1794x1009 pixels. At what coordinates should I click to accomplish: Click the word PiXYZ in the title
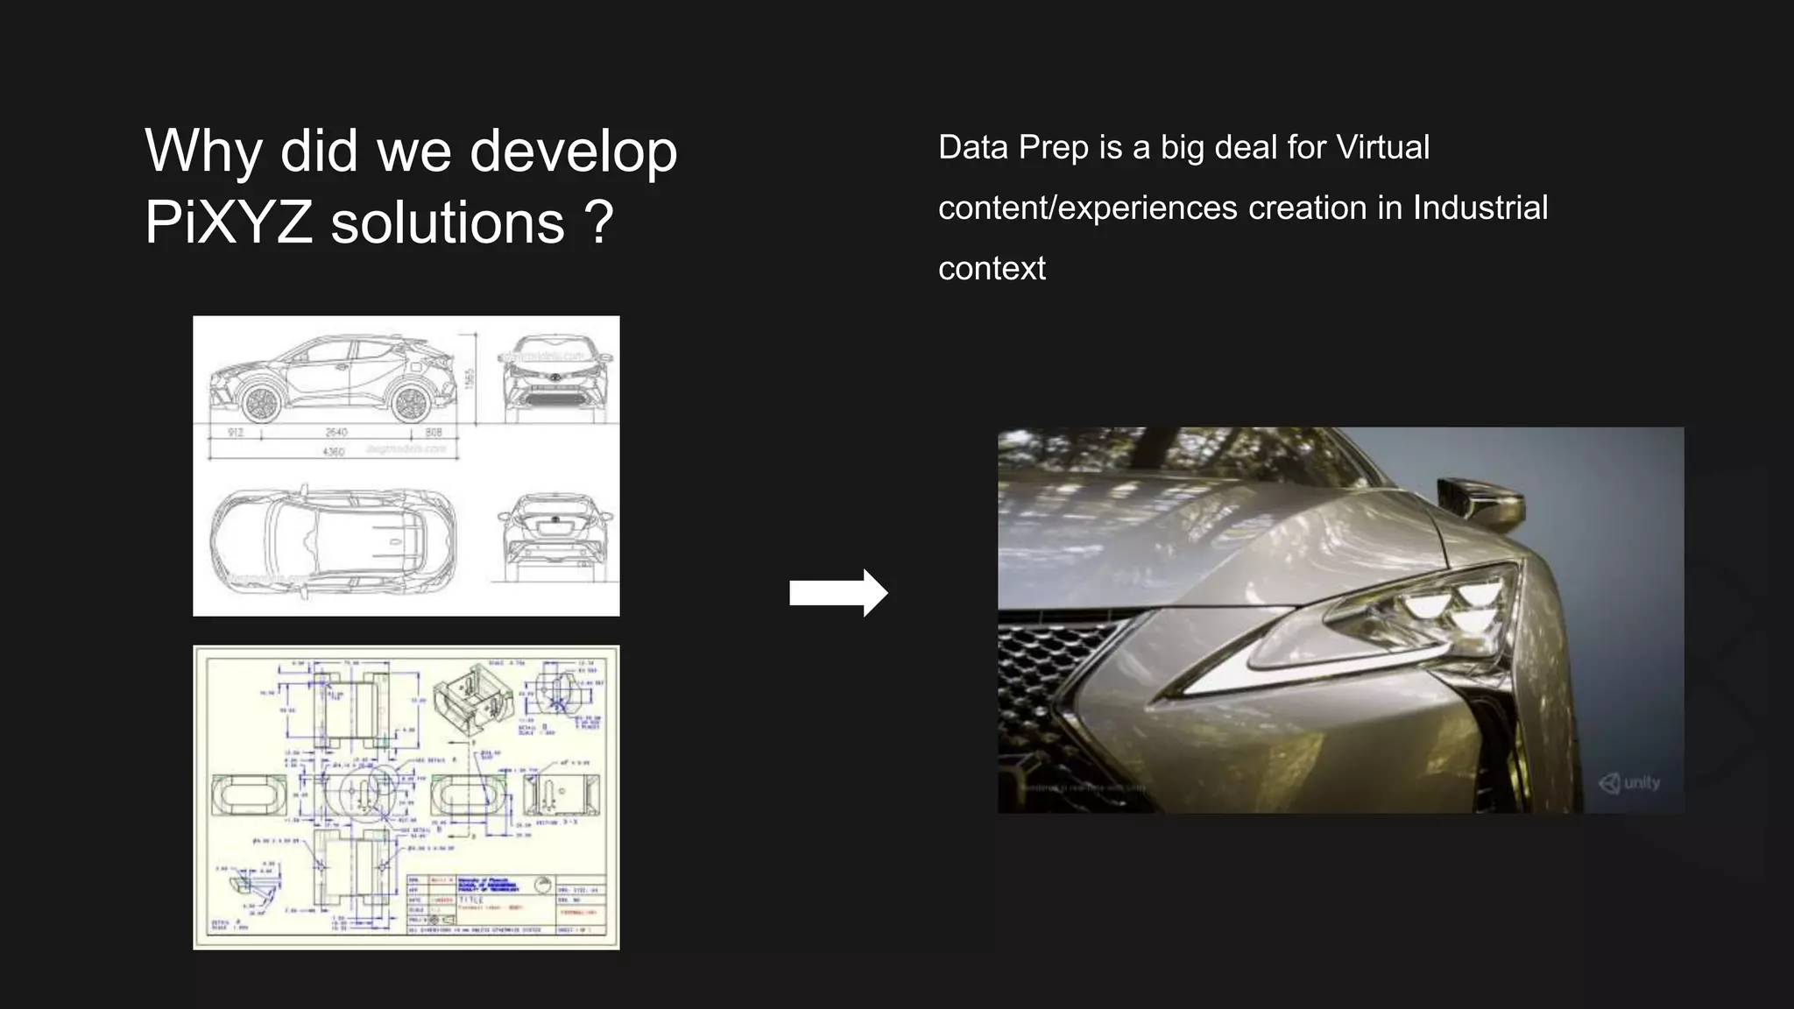point(229,222)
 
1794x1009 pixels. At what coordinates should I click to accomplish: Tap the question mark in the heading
point(598,222)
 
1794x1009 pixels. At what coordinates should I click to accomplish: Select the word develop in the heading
point(574,152)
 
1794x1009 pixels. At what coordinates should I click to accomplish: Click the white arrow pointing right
point(837,593)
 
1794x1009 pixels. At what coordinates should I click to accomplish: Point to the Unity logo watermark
point(1629,782)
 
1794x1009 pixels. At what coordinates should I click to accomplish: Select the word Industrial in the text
point(1480,208)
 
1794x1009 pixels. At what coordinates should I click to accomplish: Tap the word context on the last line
point(992,268)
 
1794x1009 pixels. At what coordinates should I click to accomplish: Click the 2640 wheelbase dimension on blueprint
point(336,432)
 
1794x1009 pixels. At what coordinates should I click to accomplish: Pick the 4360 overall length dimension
point(334,452)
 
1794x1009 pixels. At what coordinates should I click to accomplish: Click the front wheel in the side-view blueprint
point(260,403)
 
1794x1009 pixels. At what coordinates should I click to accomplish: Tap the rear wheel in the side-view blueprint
point(410,403)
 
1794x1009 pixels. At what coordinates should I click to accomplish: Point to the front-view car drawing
point(556,374)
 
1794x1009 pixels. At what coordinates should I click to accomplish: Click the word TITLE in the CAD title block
point(471,900)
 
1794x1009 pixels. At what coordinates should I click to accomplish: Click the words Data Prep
point(1014,147)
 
